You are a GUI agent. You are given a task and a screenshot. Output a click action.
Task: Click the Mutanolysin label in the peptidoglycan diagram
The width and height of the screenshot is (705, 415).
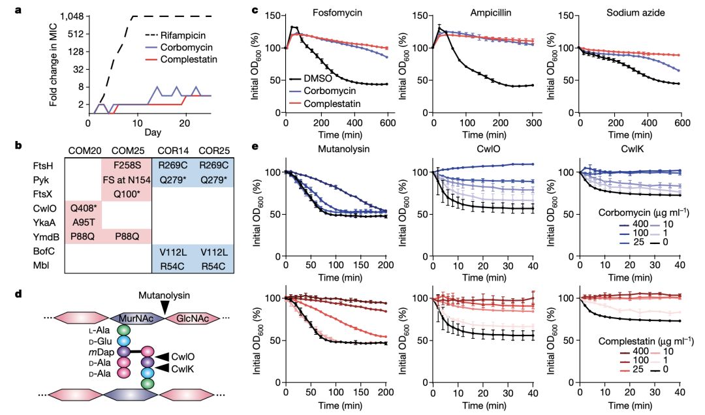pyautogui.click(x=166, y=295)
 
